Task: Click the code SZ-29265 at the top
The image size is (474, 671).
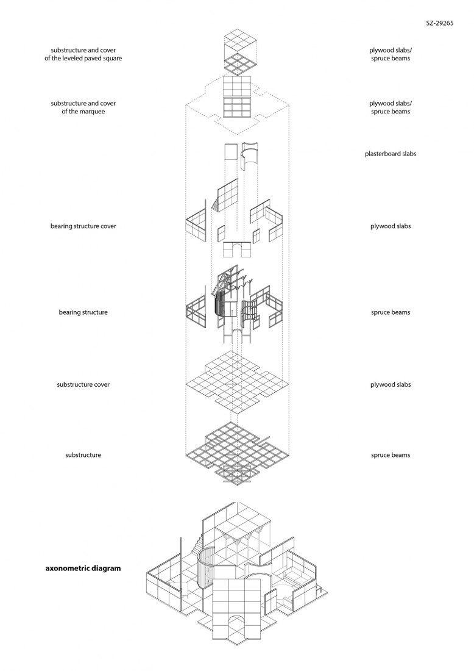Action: coord(440,23)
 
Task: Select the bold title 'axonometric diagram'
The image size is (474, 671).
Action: coord(83,569)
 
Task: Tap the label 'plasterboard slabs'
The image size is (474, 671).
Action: coord(390,154)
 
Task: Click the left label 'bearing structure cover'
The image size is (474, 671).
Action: coord(83,226)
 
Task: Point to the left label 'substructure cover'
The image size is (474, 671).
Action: coord(83,384)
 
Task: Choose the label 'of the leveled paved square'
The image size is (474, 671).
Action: coord(83,58)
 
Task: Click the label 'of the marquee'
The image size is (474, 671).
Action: coord(83,111)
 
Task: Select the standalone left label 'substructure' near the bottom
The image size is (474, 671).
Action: coord(83,455)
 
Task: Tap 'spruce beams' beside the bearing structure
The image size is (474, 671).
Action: coord(390,312)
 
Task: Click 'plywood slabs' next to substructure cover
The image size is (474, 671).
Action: coord(390,384)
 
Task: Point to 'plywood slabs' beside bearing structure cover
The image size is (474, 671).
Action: coord(390,226)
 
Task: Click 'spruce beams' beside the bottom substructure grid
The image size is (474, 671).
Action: coord(390,455)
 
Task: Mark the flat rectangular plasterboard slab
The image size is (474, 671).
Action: coord(231,151)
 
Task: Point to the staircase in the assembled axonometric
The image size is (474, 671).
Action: coord(198,545)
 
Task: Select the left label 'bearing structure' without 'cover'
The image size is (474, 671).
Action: coord(83,312)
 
